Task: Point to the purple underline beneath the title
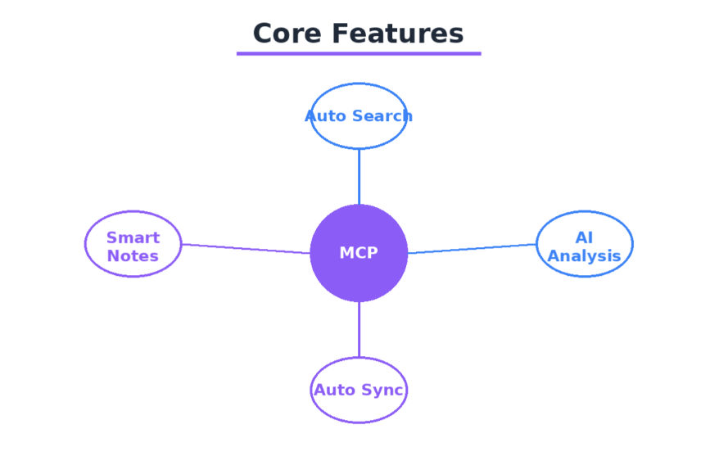coord(359,54)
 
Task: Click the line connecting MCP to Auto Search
coord(359,176)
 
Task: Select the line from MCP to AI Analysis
coord(472,249)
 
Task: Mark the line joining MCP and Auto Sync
coord(359,329)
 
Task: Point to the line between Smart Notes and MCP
coord(246,249)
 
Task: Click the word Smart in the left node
coord(133,238)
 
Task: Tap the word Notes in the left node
coord(133,256)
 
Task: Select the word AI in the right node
coord(584,238)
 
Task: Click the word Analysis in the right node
coord(584,256)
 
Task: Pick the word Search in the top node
coord(382,116)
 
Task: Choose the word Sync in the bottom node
coord(386,391)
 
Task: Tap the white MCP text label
coord(359,253)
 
